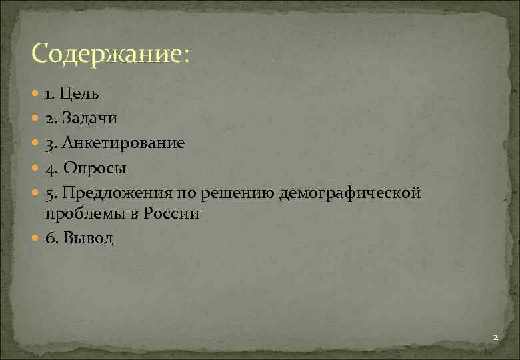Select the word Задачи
click(x=91, y=119)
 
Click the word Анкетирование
click(x=124, y=143)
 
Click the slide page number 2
click(x=495, y=338)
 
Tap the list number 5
click(x=50, y=193)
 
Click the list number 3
click(x=50, y=144)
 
